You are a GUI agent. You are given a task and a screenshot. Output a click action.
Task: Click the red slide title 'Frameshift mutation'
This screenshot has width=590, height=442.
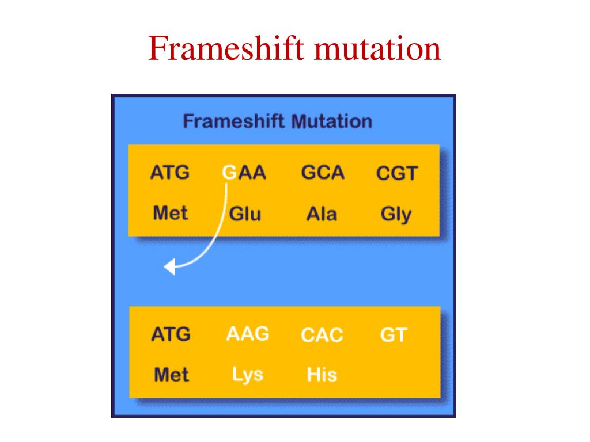tap(294, 49)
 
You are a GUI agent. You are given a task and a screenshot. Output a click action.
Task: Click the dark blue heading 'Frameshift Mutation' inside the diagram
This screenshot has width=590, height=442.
tap(277, 121)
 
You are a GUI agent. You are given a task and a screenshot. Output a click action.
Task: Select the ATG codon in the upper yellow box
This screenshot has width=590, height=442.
tap(170, 173)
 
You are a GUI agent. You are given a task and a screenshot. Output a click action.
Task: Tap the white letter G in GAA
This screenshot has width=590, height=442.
tap(229, 173)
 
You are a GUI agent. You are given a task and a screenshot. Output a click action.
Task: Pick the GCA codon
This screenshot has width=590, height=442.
tap(323, 173)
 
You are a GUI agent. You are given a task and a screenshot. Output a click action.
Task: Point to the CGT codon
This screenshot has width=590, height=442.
tap(396, 173)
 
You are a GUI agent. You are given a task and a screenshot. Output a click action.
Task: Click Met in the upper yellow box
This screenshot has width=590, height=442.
tap(171, 214)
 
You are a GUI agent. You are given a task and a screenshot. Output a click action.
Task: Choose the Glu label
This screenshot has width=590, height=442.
tap(245, 214)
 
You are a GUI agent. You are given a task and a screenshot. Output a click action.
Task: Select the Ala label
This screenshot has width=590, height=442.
tap(322, 214)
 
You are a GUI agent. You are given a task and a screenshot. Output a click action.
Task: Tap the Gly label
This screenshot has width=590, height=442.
tap(396, 215)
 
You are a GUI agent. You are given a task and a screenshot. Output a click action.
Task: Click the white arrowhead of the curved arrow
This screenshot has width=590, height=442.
tap(169, 266)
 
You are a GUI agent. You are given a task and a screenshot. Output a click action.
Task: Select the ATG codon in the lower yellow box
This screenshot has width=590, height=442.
tap(171, 334)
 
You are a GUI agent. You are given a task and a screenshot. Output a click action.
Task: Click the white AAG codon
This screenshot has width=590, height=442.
tap(248, 334)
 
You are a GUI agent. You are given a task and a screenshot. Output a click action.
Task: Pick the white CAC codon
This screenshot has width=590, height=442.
tap(322, 335)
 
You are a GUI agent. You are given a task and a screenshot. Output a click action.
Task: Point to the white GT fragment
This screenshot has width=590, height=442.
tap(394, 335)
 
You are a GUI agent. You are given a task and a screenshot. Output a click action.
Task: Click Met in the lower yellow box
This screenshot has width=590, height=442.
tap(171, 375)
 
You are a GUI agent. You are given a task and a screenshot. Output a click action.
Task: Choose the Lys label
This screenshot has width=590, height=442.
tap(248, 375)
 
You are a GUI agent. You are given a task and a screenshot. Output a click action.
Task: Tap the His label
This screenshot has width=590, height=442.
tap(322, 375)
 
